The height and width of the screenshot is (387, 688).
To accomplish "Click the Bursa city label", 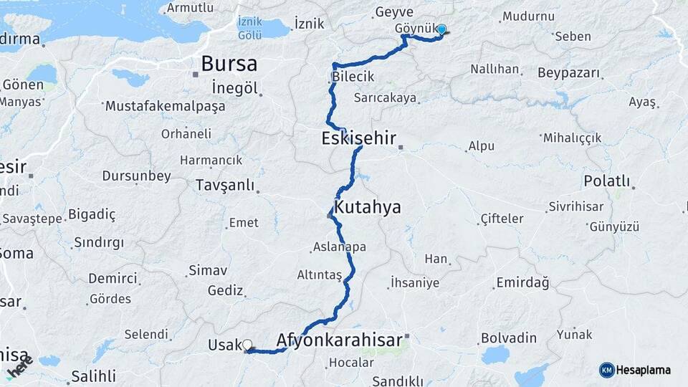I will [229, 64].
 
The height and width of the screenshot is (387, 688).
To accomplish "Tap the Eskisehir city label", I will [359, 138].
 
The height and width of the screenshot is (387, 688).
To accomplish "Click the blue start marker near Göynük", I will [441, 30].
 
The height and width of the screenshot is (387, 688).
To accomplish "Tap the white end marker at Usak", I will [247, 345].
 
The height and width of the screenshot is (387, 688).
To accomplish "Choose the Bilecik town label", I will [353, 77].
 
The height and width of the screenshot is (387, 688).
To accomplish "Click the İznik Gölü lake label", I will [249, 28].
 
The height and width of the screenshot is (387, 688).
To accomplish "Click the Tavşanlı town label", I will [225, 186].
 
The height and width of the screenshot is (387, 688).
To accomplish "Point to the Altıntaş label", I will [320, 274].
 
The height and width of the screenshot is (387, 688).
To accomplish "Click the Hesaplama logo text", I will [644, 370].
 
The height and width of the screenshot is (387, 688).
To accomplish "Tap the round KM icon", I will [607, 370].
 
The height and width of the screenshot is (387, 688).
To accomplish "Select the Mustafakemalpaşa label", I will [165, 106].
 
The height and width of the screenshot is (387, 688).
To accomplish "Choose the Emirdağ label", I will [522, 283].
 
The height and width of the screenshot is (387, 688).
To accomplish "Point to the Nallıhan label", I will [494, 70].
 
